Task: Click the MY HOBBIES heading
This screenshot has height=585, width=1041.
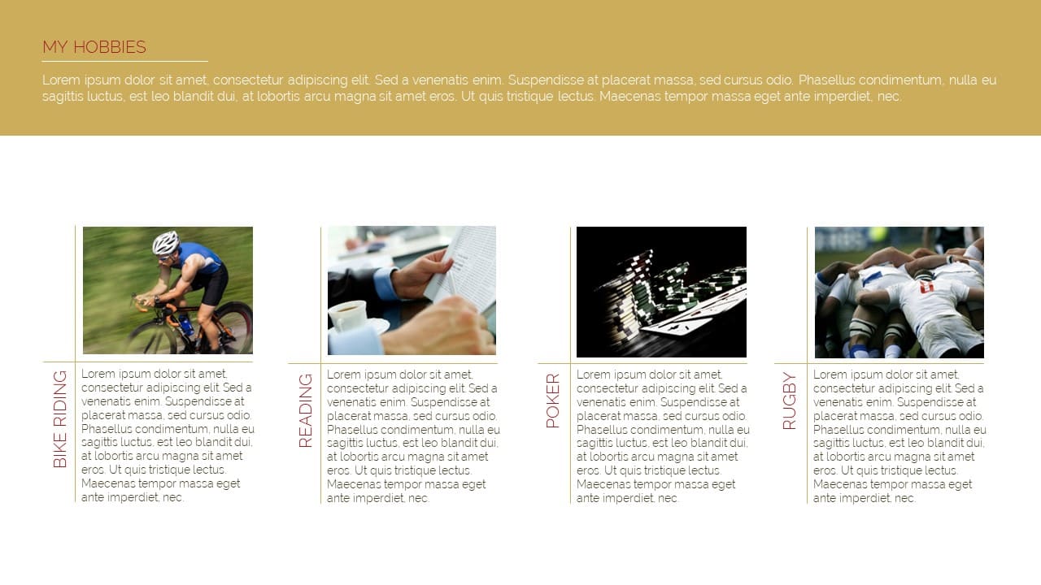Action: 94,47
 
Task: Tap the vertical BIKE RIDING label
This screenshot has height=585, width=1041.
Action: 60,418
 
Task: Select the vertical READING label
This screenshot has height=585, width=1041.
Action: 305,410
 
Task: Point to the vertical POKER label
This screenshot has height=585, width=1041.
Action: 552,401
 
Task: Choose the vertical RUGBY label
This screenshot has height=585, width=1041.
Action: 789,401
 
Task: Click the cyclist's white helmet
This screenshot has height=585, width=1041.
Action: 166,242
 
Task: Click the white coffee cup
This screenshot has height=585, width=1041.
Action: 347,316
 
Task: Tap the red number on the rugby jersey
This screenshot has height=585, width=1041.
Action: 926,287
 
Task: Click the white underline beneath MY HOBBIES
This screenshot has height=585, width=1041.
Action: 125,61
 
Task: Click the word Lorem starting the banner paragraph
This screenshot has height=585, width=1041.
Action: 61,80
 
